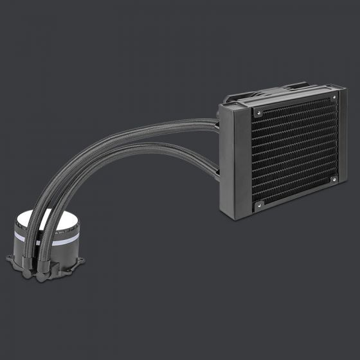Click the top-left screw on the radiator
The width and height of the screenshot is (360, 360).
coord(258,112)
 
